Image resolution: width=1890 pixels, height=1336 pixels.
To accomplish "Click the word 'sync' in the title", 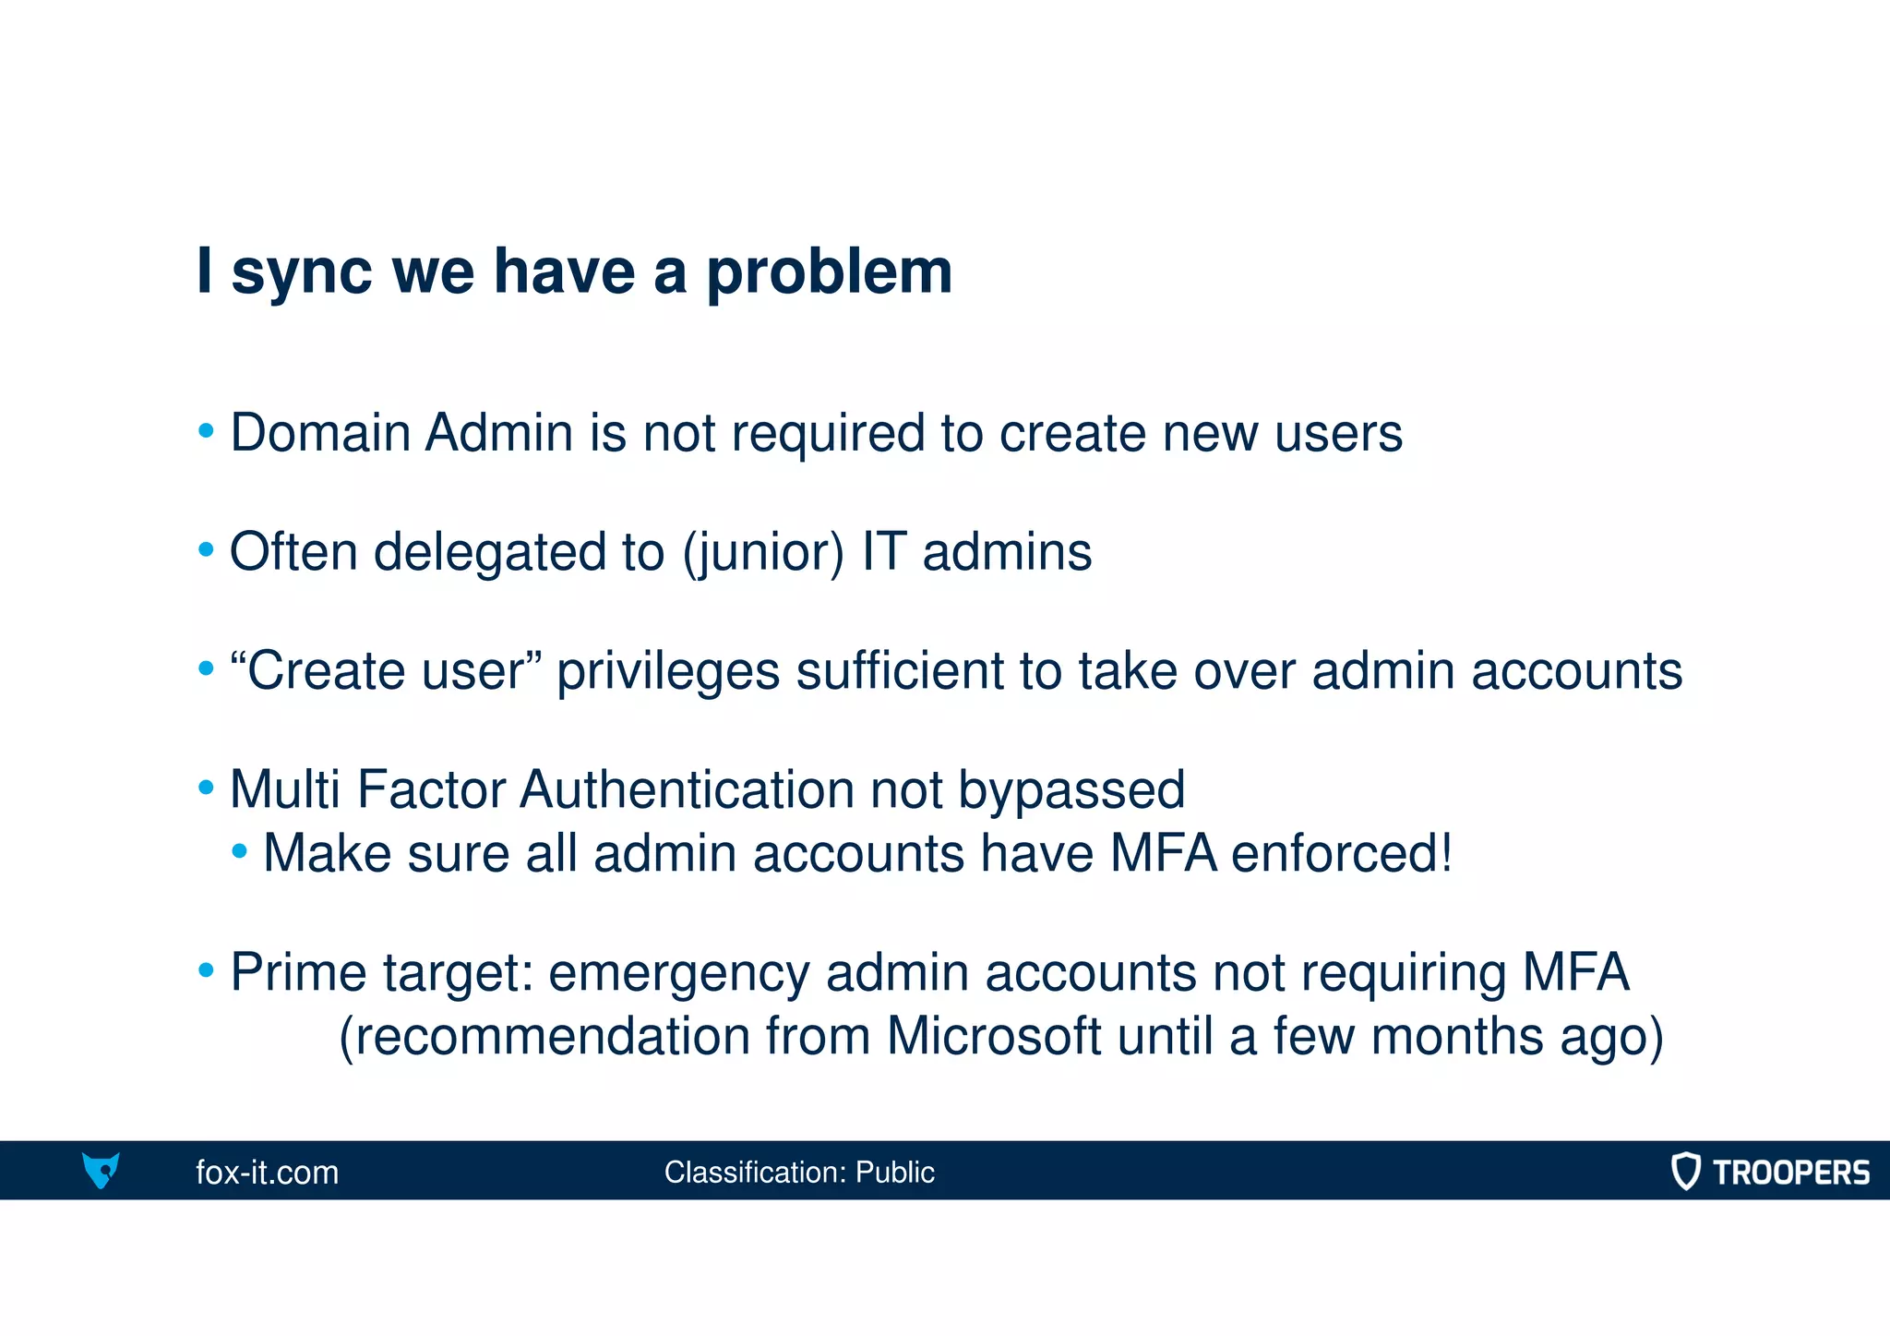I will click(x=301, y=273).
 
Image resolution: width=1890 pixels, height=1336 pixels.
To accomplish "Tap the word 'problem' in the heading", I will click(x=829, y=273).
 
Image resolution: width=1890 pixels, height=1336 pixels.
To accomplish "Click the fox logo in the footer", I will click(x=101, y=1170).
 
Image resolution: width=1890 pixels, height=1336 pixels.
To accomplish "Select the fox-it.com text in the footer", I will click(x=267, y=1172).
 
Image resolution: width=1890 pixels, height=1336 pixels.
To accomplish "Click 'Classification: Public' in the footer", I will click(x=799, y=1172).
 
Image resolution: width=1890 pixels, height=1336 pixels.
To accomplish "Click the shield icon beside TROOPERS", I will click(x=1685, y=1171).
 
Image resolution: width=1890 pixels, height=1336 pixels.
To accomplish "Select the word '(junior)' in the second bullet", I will click(x=763, y=552).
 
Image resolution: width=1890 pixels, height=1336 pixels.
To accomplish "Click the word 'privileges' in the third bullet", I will click(x=667, y=670).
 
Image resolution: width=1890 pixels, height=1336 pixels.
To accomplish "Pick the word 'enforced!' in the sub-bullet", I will click(x=1342, y=853).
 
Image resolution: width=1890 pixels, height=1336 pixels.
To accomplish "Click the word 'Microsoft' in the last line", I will click(x=993, y=1036).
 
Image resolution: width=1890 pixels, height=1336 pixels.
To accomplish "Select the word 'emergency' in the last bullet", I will click(x=678, y=973).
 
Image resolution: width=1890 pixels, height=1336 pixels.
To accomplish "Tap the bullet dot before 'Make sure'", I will click(x=240, y=851).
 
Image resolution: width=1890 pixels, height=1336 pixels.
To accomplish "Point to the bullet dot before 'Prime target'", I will click(x=207, y=970).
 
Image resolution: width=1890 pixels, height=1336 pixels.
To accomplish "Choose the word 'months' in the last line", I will click(x=1456, y=1036).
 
